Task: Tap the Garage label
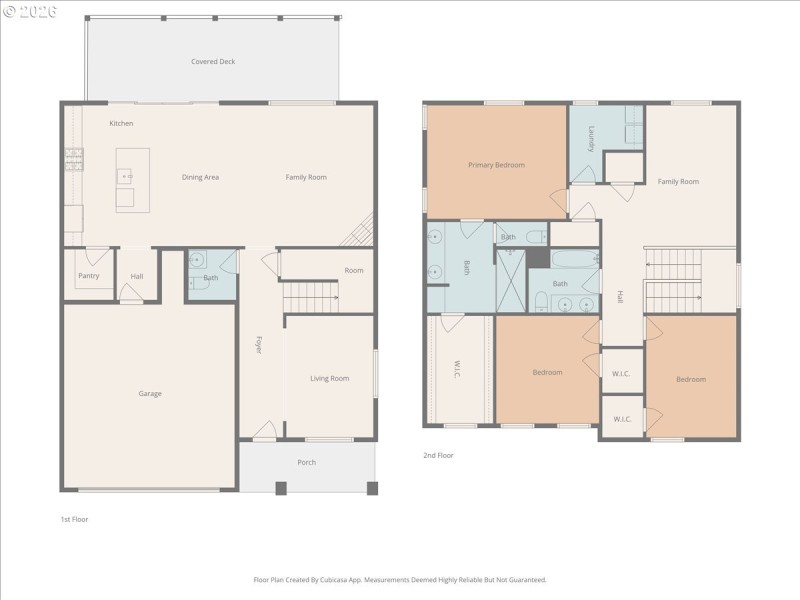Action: coord(150,393)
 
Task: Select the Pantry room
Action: coord(89,275)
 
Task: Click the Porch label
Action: coord(306,462)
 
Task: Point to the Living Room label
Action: coord(329,378)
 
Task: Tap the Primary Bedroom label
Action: coord(496,165)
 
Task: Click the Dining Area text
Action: coord(200,177)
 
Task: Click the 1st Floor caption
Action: coord(75,519)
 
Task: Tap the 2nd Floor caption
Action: coord(438,455)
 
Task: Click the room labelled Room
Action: coord(354,270)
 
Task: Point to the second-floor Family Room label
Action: coord(678,181)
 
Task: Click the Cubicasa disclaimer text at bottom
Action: coord(399,579)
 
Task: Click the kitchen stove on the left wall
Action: coord(73,157)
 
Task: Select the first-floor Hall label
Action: coord(137,275)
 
